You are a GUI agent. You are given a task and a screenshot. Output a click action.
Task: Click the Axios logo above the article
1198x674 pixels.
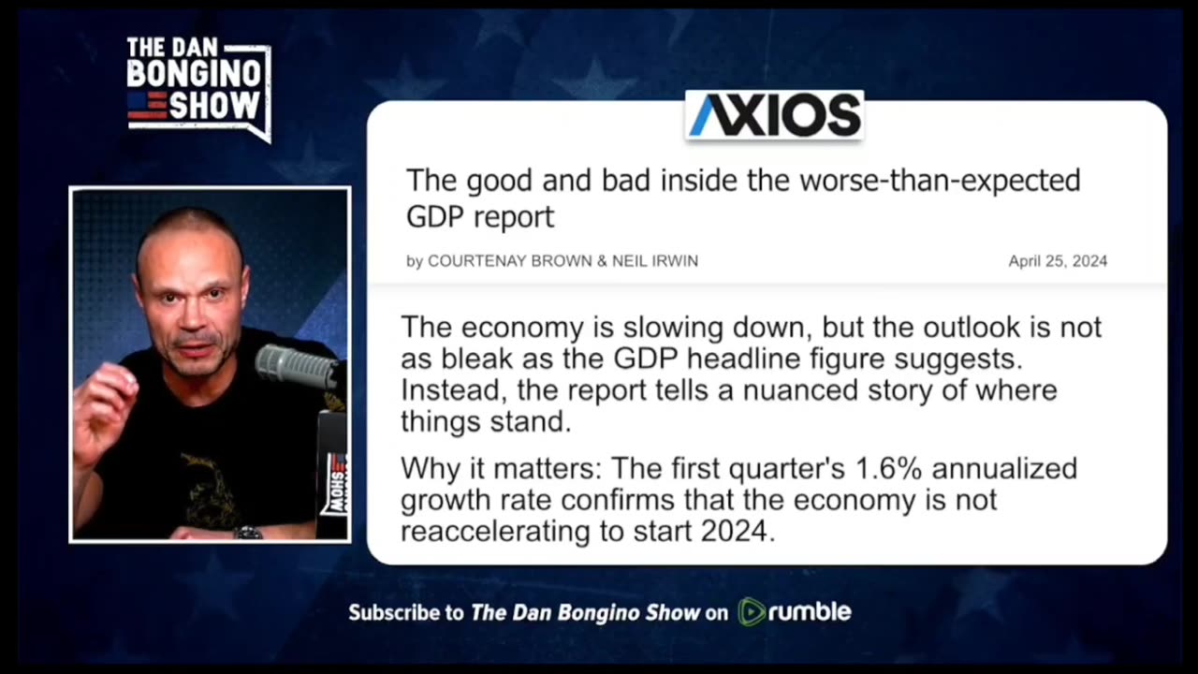[775, 115]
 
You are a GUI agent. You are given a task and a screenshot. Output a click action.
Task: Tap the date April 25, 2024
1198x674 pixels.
[1058, 261]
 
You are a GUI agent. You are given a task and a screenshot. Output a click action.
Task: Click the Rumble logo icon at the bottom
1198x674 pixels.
[752, 612]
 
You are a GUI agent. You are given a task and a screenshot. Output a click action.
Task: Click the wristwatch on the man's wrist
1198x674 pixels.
[248, 533]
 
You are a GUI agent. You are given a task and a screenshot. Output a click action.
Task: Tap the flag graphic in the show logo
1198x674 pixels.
[147, 104]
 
